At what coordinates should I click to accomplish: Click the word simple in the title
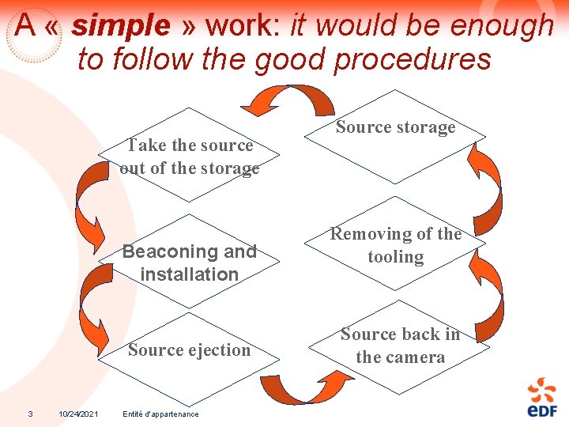tap(120, 26)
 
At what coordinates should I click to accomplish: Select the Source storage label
tap(395, 127)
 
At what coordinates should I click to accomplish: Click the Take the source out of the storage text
tap(190, 157)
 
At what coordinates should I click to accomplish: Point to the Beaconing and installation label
tap(190, 263)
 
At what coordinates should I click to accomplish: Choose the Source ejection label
tap(189, 350)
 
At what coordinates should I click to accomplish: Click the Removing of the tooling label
tap(396, 245)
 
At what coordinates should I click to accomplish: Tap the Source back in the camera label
tap(400, 346)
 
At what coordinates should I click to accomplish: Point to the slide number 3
tap(30, 414)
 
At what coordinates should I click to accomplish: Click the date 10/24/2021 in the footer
tap(79, 414)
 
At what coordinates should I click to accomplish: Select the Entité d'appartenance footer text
tap(161, 414)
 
